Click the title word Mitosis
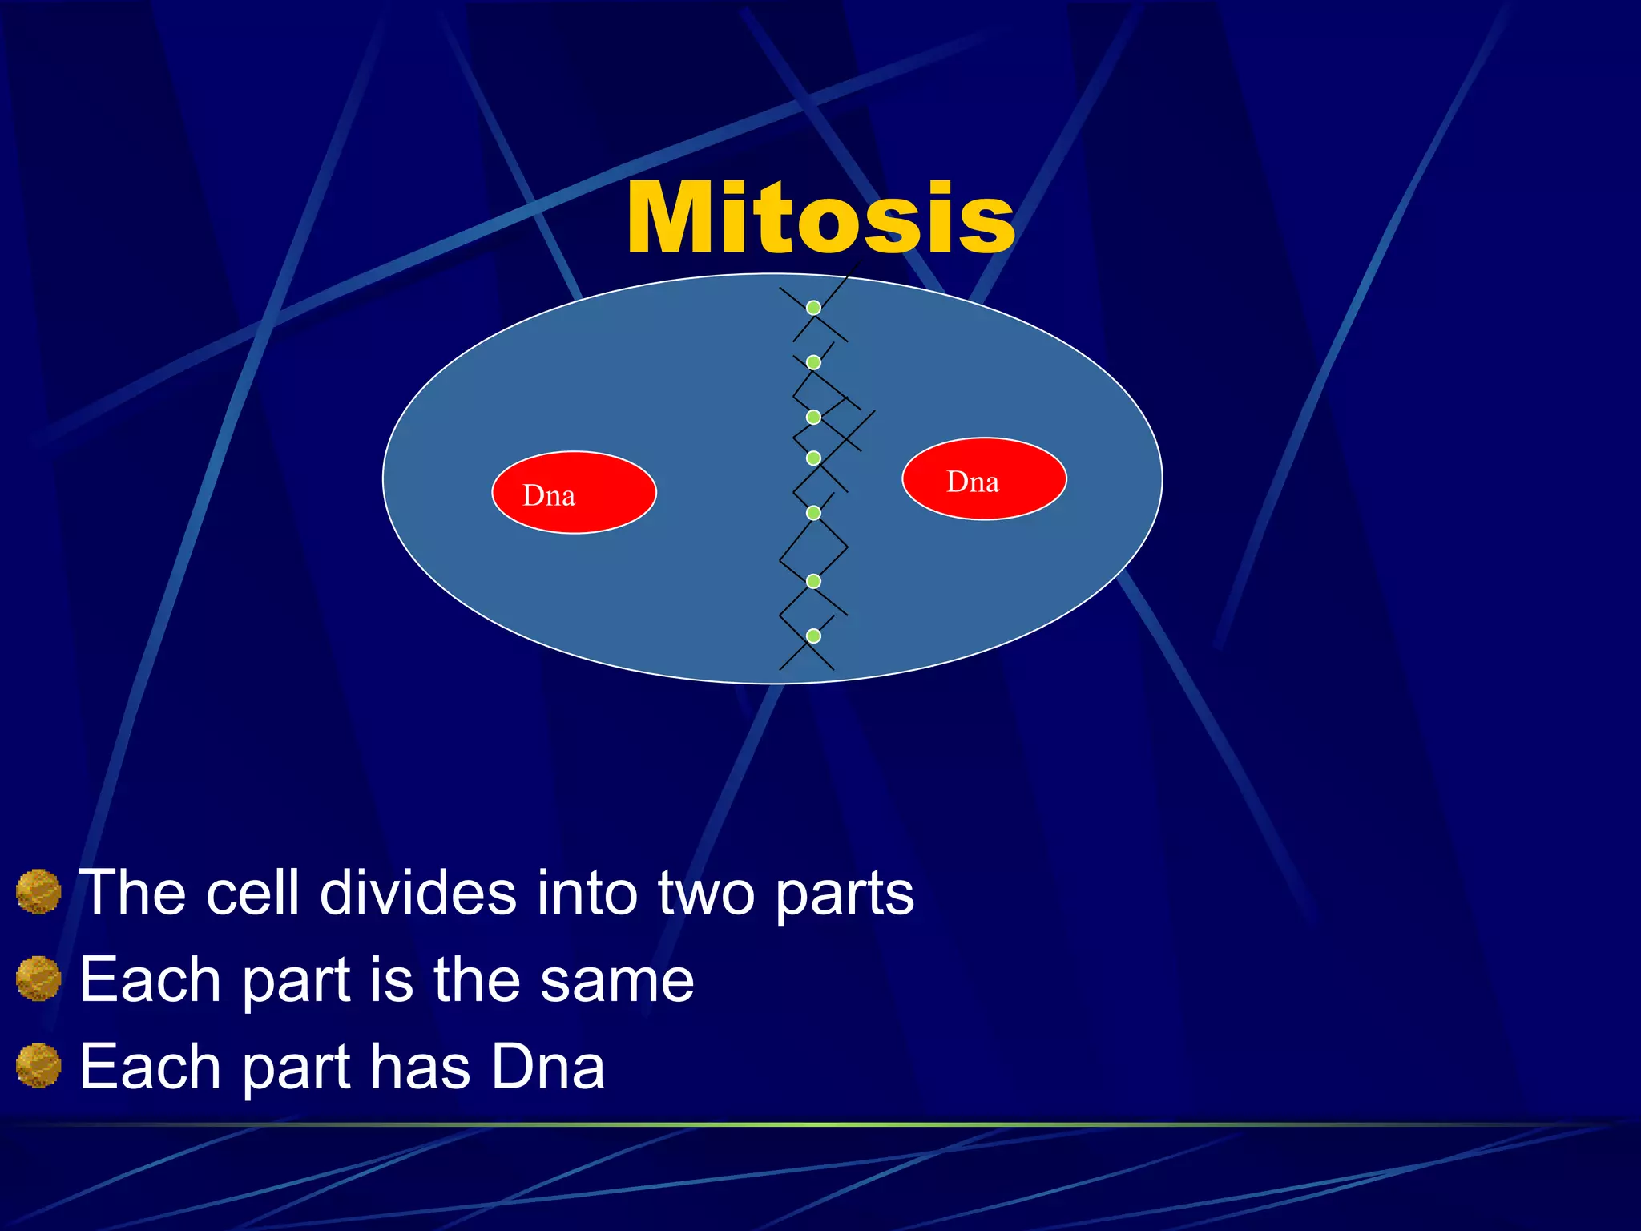pos(820,218)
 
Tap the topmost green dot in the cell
pos(813,308)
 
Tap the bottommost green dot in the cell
pos(813,636)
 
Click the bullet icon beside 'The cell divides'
pos(38,892)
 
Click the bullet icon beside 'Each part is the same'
pos(38,979)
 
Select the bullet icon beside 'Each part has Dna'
pos(38,1066)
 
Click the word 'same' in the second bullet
pos(616,981)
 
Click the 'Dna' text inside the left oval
pos(549,496)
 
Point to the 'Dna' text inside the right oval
pos(973,482)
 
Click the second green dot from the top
pos(813,362)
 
